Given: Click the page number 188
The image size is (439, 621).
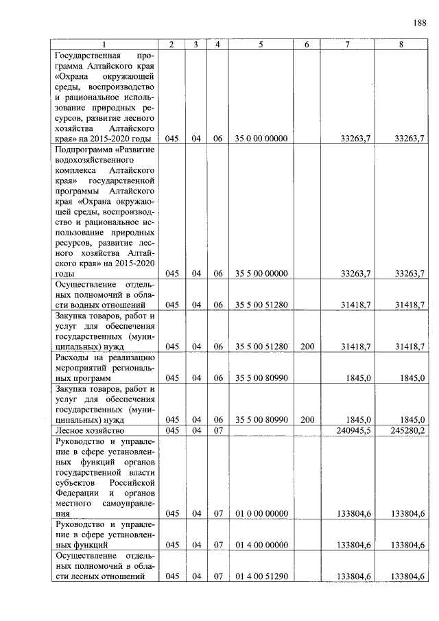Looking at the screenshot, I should (418, 23).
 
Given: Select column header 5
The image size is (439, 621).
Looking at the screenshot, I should (261, 45).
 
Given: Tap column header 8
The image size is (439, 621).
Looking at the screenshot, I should (401, 45).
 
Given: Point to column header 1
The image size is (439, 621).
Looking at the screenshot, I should (104, 45).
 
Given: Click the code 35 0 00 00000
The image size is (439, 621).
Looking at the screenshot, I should (261, 139).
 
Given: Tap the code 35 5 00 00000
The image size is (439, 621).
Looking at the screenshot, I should (261, 273).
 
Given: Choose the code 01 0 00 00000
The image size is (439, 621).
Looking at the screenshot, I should (261, 513).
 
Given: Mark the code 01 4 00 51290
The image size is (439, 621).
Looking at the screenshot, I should (261, 576).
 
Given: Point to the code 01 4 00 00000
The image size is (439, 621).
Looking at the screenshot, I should (261, 545).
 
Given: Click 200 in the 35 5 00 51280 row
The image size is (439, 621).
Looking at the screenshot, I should (307, 347).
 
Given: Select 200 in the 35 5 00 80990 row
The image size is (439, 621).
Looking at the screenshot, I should (307, 419).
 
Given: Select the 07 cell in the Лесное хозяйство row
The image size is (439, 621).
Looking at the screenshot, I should (217, 430).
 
